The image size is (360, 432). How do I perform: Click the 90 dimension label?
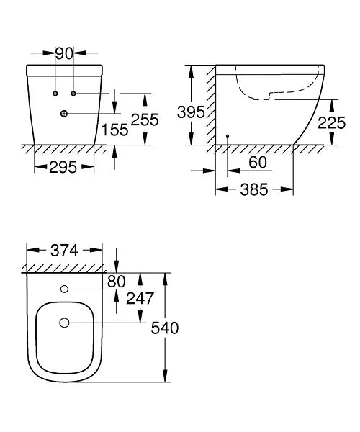(x=64, y=53)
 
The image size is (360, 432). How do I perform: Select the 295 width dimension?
(x=64, y=167)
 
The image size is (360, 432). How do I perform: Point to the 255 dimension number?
(x=145, y=120)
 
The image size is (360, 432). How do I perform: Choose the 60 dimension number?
(x=257, y=162)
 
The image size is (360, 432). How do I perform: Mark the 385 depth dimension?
(x=254, y=190)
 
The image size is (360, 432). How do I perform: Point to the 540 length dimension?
(x=164, y=328)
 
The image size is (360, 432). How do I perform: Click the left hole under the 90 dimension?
(x=55, y=94)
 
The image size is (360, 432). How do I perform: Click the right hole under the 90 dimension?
(x=73, y=94)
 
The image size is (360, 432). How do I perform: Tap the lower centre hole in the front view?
(x=64, y=114)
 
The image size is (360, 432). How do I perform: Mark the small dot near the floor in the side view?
(x=228, y=135)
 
